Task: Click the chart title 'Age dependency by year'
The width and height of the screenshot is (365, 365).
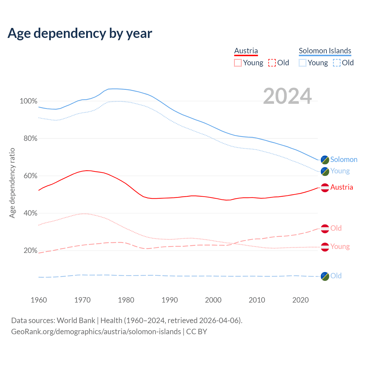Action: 80,33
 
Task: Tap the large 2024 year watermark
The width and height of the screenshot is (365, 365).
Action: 287,96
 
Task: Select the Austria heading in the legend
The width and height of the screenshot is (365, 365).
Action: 246,51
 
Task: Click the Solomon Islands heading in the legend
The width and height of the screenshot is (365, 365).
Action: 325,51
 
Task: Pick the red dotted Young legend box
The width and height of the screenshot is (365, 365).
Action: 238,63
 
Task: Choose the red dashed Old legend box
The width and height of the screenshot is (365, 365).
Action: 272,63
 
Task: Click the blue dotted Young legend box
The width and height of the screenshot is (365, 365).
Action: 302,63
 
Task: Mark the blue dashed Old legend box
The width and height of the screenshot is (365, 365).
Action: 336,63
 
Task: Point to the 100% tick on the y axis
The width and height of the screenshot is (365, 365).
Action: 29,101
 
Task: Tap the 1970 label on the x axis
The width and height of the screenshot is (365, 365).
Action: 82,300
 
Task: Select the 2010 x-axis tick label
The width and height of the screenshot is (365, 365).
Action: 257,300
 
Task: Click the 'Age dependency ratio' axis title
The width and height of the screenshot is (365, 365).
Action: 12,183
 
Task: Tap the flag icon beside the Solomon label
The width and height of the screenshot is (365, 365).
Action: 325,160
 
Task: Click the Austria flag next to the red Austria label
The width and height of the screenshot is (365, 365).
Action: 325,188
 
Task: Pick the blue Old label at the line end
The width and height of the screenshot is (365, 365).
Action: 336,276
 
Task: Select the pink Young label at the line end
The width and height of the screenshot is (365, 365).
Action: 340,246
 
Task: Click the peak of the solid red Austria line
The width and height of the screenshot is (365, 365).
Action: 87,171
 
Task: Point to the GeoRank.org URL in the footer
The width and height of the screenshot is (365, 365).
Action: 96,332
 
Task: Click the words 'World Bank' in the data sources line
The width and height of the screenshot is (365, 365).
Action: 76,321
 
